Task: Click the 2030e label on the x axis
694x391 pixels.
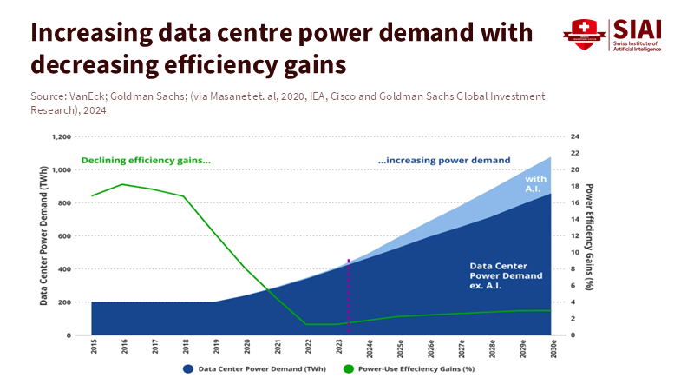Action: (553, 349)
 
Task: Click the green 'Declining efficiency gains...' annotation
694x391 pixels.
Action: (146, 160)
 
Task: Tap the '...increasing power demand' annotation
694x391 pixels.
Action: (444, 160)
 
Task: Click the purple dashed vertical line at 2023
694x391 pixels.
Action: (349, 295)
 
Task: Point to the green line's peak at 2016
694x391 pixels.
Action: (123, 184)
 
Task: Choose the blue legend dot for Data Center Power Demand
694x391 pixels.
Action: (187, 368)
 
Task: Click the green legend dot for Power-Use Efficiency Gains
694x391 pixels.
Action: (350, 368)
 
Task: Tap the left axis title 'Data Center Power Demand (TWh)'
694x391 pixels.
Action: (43, 235)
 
